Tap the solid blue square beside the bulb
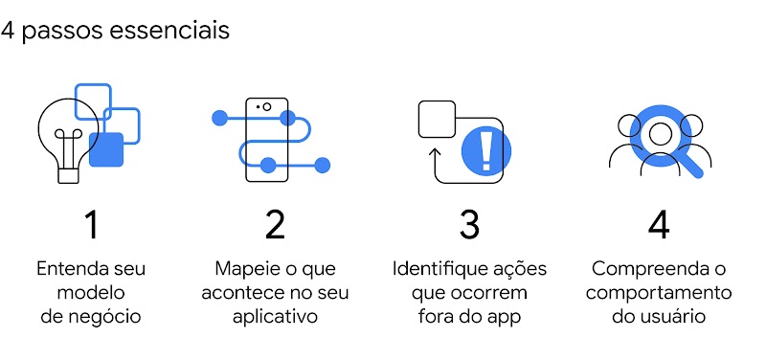tap(106, 149)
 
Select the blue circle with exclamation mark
tap(486, 150)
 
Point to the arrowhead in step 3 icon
tap(436, 151)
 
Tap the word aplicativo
tap(275, 316)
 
